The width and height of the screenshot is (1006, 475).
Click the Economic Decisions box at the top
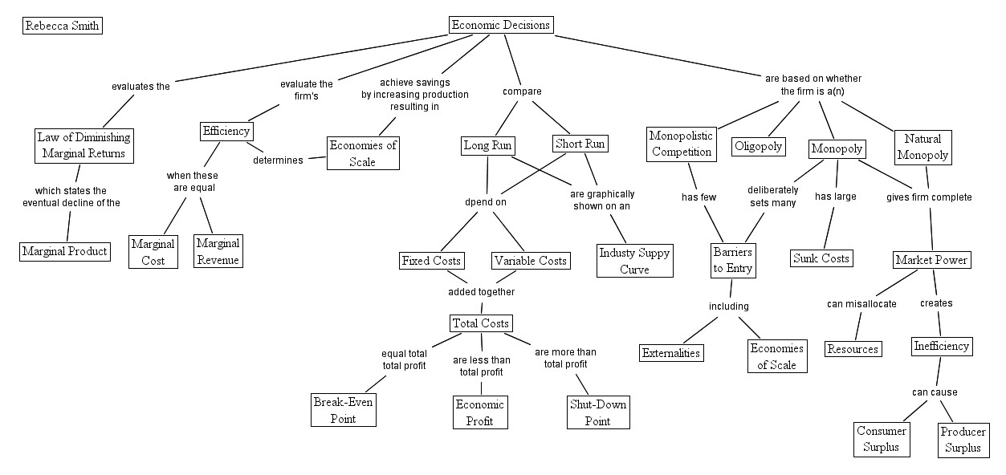click(501, 25)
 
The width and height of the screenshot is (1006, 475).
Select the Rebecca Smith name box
click(62, 26)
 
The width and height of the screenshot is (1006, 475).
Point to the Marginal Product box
click(64, 251)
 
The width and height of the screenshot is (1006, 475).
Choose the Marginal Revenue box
click(218, 251)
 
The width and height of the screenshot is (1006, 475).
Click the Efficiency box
click(226, 131)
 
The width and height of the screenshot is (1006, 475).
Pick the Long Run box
click(487, 145)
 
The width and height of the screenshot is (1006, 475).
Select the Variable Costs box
click(531, 261)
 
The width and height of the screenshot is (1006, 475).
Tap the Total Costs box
click(479, 323)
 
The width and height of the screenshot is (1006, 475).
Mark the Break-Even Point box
click(343, 410)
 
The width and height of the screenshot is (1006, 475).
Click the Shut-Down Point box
click(597, 412)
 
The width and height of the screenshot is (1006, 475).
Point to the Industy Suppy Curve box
click(634, 261)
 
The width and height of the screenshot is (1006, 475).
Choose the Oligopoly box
click(758, 147)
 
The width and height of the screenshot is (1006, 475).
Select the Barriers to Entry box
click(732, 260)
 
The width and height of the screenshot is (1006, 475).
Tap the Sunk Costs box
click(821, 258)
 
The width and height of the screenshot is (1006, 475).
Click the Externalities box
click(671, 353)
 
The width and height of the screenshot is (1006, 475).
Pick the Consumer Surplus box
click(881, 439)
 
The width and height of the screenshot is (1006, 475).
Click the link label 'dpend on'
click(486, 202)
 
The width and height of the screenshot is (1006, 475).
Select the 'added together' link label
click(481, 291)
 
